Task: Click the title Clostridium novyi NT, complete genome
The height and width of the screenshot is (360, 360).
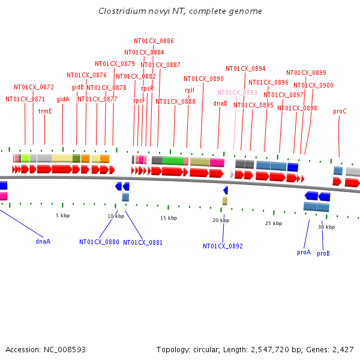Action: [x=180, y=11]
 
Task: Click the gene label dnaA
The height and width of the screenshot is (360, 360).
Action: [x=43, y=241]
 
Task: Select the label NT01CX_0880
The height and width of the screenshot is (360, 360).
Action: [x=99, y=242]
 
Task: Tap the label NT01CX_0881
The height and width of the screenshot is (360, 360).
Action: [x=143, y=242]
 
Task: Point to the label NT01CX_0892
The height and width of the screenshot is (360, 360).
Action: [x=223, y=246]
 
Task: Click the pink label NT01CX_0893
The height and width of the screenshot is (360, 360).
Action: [x=237, y=92]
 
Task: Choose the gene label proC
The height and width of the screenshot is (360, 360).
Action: [x=340, y=111]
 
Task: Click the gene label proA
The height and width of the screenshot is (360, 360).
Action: [x=304, y=253]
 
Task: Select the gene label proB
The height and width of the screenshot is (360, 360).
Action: [x=323, y=253]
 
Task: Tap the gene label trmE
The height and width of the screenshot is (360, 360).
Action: [x=45, y=111]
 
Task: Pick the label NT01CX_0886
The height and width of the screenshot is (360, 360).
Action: [x=154, y=41]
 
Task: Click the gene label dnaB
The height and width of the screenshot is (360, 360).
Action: [x=220, y=103]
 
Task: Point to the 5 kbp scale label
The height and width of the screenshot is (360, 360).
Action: [x=62, y=215]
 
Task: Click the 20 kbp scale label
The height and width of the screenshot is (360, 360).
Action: [x=221, y=220]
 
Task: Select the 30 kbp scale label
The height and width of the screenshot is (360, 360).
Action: [x=326, y=227]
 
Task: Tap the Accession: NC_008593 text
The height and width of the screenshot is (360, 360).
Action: [x=46, y=349]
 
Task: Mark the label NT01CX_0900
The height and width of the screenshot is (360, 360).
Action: [x=313, y=85]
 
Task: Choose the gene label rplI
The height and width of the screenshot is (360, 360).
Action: [x=190, y=90]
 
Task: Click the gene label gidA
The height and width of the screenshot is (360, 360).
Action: [x=63, y=99]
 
